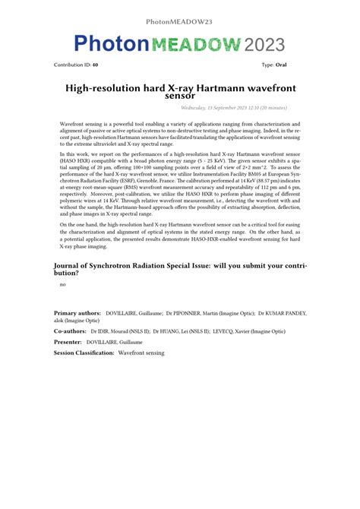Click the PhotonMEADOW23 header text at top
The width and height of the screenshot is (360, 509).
(179, 21)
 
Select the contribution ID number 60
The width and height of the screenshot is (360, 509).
(95, 65)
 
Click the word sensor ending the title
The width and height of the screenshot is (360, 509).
(180, 96)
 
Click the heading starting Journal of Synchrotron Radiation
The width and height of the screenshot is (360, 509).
(180, 270)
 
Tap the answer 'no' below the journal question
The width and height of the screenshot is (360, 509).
(62, 285)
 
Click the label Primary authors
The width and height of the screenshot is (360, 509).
(77, 312)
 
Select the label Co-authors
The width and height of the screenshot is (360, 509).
(70, 331)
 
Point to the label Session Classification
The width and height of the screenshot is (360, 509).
(84, 353)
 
